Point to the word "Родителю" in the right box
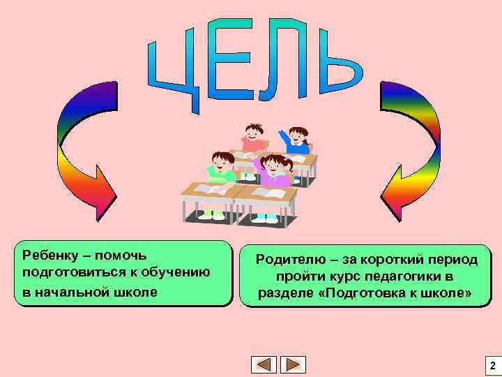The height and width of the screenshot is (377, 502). click(x=289, y=260)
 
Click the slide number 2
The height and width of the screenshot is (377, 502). click(x=492, y=365)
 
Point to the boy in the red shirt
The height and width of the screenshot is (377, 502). click(x=254, y=137)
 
